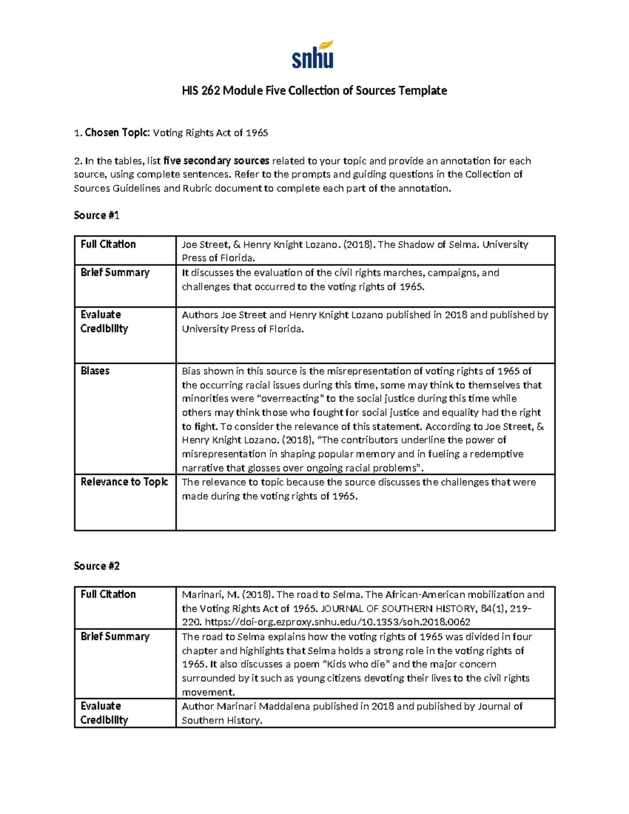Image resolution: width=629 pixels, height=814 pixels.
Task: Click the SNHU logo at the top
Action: tap(313, 55)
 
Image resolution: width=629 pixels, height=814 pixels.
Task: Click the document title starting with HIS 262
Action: tap(314, 91)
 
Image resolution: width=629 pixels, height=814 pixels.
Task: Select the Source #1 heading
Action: tap(96, 215)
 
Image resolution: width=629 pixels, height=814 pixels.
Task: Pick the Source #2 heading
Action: tap(96, 566)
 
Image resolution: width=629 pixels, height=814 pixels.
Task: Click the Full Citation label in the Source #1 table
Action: tap(108, 244)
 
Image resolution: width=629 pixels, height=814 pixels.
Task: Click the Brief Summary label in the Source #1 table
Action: tap(115, 273)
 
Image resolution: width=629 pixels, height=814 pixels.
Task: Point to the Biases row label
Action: tap(95, 371)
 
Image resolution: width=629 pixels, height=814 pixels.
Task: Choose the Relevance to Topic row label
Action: tap(124, 482)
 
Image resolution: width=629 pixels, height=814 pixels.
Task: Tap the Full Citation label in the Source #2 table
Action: tap(108, 594)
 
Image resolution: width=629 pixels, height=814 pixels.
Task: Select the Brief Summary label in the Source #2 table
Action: tap(115, 636)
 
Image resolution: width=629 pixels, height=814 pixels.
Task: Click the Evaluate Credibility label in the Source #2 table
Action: tap(104, 713)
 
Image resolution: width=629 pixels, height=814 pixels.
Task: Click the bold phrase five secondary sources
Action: tap(216, 161)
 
